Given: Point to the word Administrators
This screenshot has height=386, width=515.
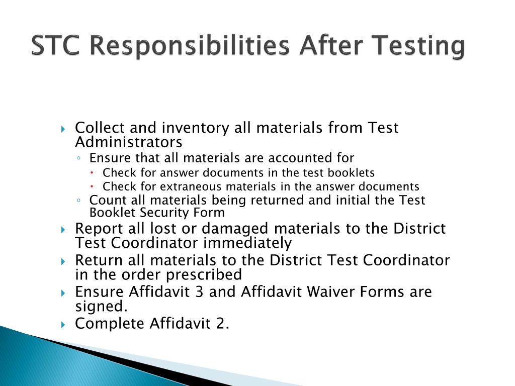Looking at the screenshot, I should click(x=128, y=142).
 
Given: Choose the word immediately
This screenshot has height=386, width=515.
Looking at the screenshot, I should click(x=247, y=243).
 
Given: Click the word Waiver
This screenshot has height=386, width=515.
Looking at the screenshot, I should click(x=331, y=292).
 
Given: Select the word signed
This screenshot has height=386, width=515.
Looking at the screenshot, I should click(x=98, y=306).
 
